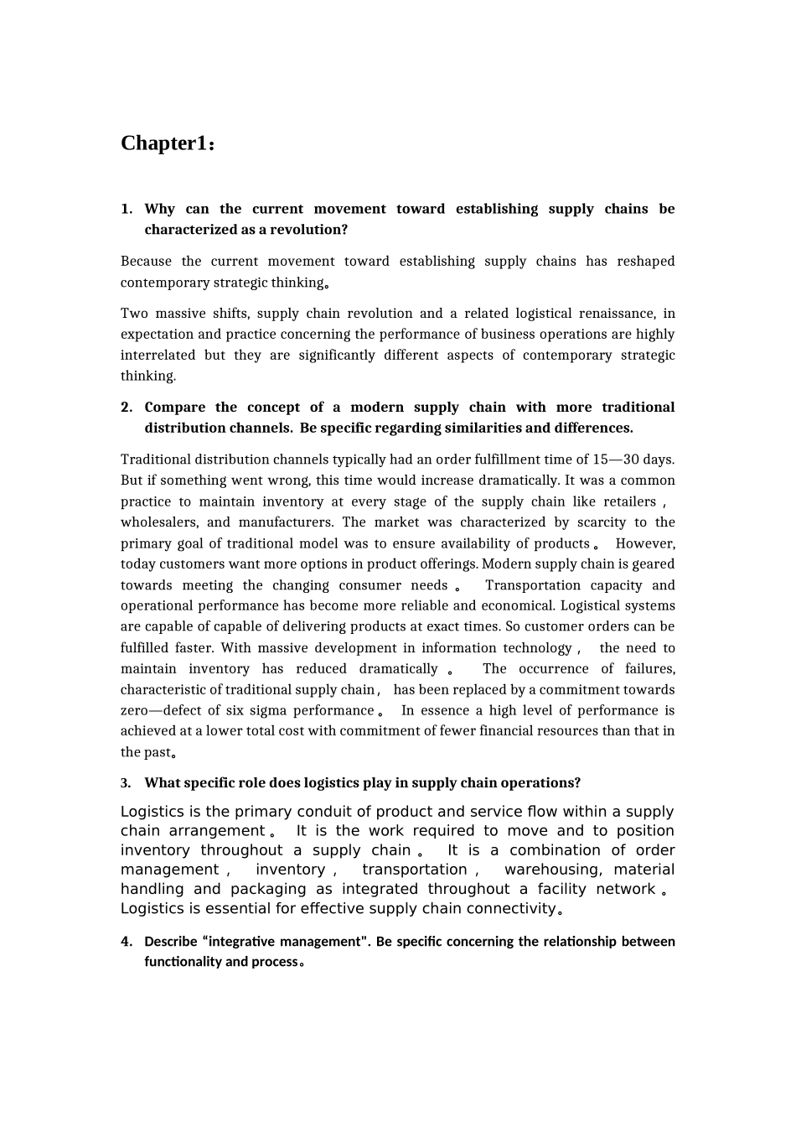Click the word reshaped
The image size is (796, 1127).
point(645,262)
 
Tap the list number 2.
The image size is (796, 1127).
point(126,408)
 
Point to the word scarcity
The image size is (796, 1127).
point(601,522)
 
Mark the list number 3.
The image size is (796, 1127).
point(126,783)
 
